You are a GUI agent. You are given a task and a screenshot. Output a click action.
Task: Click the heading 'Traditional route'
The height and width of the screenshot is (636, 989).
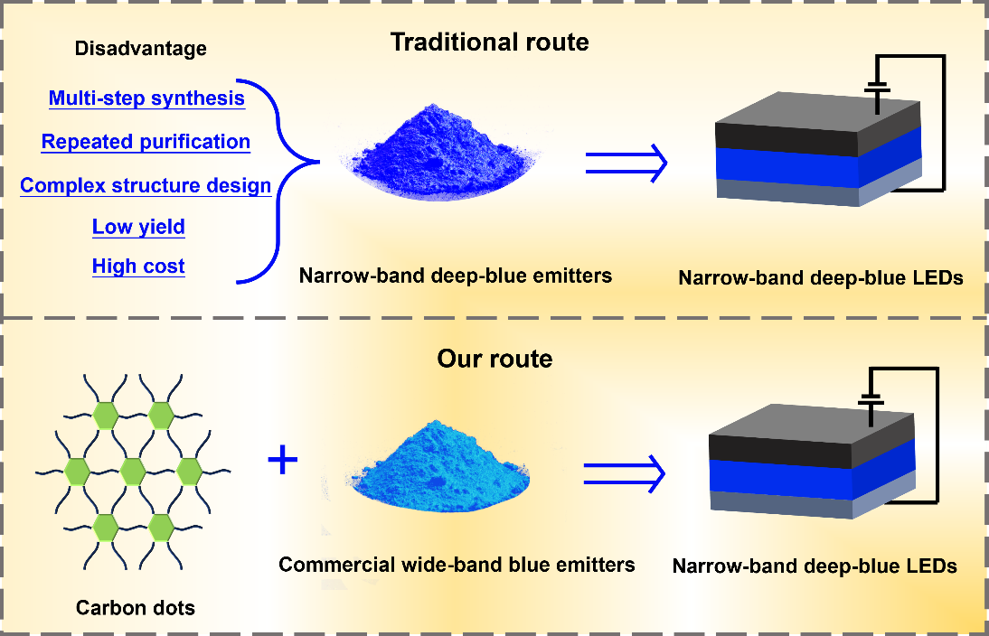489,42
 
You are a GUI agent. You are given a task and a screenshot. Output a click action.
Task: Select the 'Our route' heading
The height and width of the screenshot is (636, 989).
494,359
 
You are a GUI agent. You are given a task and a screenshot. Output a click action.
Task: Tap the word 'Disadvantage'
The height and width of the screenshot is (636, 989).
140,48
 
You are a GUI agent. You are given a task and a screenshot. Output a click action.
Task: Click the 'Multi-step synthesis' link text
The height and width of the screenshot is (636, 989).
146,98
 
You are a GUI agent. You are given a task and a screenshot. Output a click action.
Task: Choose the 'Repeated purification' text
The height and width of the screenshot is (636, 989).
146,142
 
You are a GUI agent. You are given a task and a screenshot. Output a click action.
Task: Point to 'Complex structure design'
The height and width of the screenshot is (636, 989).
146,186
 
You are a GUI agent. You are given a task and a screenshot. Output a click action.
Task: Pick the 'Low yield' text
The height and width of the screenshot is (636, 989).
138,227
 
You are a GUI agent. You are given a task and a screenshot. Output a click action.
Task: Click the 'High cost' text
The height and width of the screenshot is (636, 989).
138,267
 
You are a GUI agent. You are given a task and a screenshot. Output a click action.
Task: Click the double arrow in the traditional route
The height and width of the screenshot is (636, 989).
626,163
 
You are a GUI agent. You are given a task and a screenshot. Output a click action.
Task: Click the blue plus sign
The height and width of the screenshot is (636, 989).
283,461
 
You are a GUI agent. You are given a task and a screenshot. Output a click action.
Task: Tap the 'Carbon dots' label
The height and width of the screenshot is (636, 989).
135,607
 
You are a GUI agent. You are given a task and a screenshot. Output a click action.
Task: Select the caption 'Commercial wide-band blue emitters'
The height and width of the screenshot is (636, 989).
457,566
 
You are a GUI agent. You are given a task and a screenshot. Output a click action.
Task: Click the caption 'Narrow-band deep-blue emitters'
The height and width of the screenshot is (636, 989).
456,275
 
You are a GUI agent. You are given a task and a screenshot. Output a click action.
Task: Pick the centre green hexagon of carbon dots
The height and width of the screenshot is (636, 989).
133,471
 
